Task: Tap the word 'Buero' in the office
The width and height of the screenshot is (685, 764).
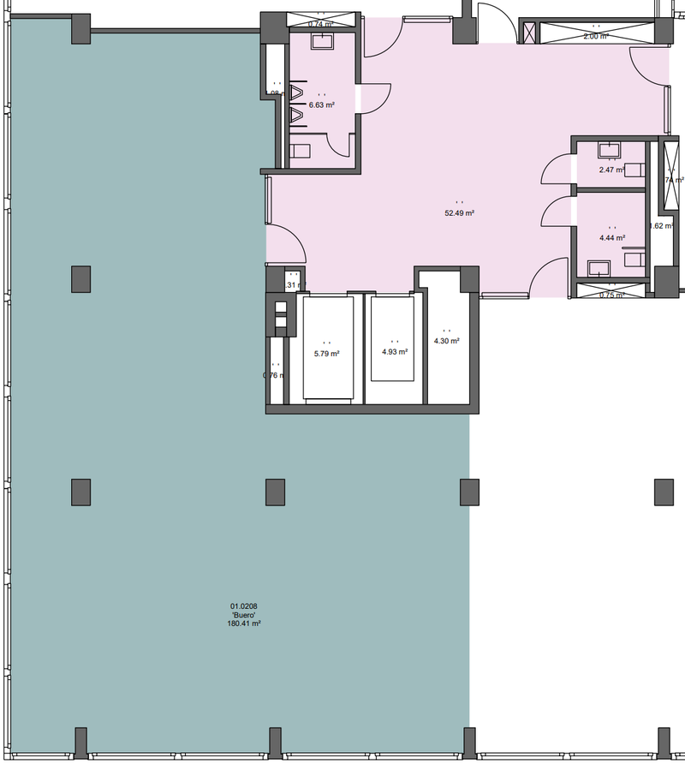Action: (x=245, y=615)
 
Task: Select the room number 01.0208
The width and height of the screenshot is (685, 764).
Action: (x=245, y=606)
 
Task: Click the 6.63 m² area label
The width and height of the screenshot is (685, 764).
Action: (x=322, y=104)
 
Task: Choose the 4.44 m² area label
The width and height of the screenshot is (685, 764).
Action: (x=611, y=238)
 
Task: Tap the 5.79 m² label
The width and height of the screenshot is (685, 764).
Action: (x=326, y=353)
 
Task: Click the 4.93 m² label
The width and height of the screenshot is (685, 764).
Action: (x=395, y=351)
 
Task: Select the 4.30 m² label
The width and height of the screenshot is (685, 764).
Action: (x=447, y=341)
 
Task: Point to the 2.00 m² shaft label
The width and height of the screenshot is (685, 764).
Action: (x=595, y=37)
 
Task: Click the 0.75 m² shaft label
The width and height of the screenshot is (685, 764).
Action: (x=611, y=295)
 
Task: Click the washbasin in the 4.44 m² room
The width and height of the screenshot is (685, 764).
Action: (x=599, y=268)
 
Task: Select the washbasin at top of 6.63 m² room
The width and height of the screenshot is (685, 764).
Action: (x=323, y=43)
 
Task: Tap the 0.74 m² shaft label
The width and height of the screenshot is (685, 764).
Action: (x=319, y=25)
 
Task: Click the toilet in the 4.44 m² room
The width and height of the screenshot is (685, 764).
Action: (x=634, y=257)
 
